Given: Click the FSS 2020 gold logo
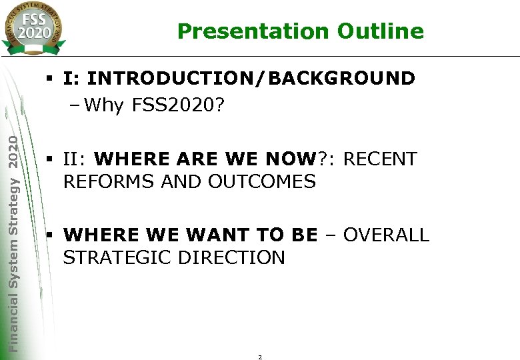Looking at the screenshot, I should click(34, 27).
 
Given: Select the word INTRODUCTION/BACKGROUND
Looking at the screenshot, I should click(251, 79).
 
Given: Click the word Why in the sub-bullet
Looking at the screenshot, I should click(105, 105).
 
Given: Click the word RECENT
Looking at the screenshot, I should click(381, 159).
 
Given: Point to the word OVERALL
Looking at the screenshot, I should click(387, 235).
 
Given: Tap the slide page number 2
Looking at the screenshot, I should click(260, 357).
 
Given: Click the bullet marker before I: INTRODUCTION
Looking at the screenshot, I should click(50, 79).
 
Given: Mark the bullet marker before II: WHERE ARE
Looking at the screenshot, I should click(50, 160).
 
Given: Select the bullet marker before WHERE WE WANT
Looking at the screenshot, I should click(50, 235).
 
